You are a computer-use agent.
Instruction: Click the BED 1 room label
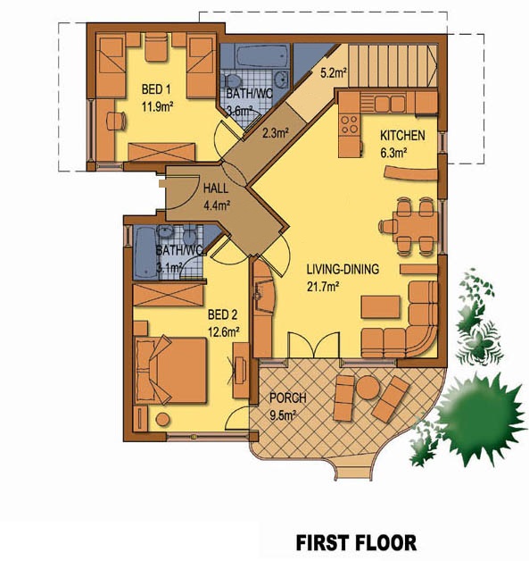click(x=156, y=89)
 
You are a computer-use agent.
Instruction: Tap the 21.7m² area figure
click(x=323, y=287)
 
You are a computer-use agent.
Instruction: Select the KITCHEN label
click(x=402, y=136)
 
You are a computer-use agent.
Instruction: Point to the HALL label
click(x=215, y=188)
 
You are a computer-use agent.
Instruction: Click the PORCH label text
click(x=288, y=398)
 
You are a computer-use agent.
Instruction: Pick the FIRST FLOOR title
click(x=356, y=542)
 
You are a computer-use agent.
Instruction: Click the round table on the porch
click(x=368, y=388)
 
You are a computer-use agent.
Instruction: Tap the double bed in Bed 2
click(x=170, y=371)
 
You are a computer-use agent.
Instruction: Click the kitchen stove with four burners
click(x=349, y=124)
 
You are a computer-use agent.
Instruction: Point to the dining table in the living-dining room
click(x=415, y=227)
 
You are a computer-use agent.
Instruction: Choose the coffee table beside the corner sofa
click(x=380, y=306)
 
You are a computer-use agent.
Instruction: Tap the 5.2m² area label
click(x=334, y=73)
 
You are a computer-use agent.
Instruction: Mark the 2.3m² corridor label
click(x=276, y=133)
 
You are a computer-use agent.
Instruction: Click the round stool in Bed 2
click(x=162, y=419)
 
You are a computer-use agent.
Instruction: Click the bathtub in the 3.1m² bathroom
click(x=145, y=252)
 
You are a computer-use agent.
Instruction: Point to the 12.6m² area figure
click(x=223, y=332)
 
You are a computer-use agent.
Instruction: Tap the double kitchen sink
click(x=390, y=104)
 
